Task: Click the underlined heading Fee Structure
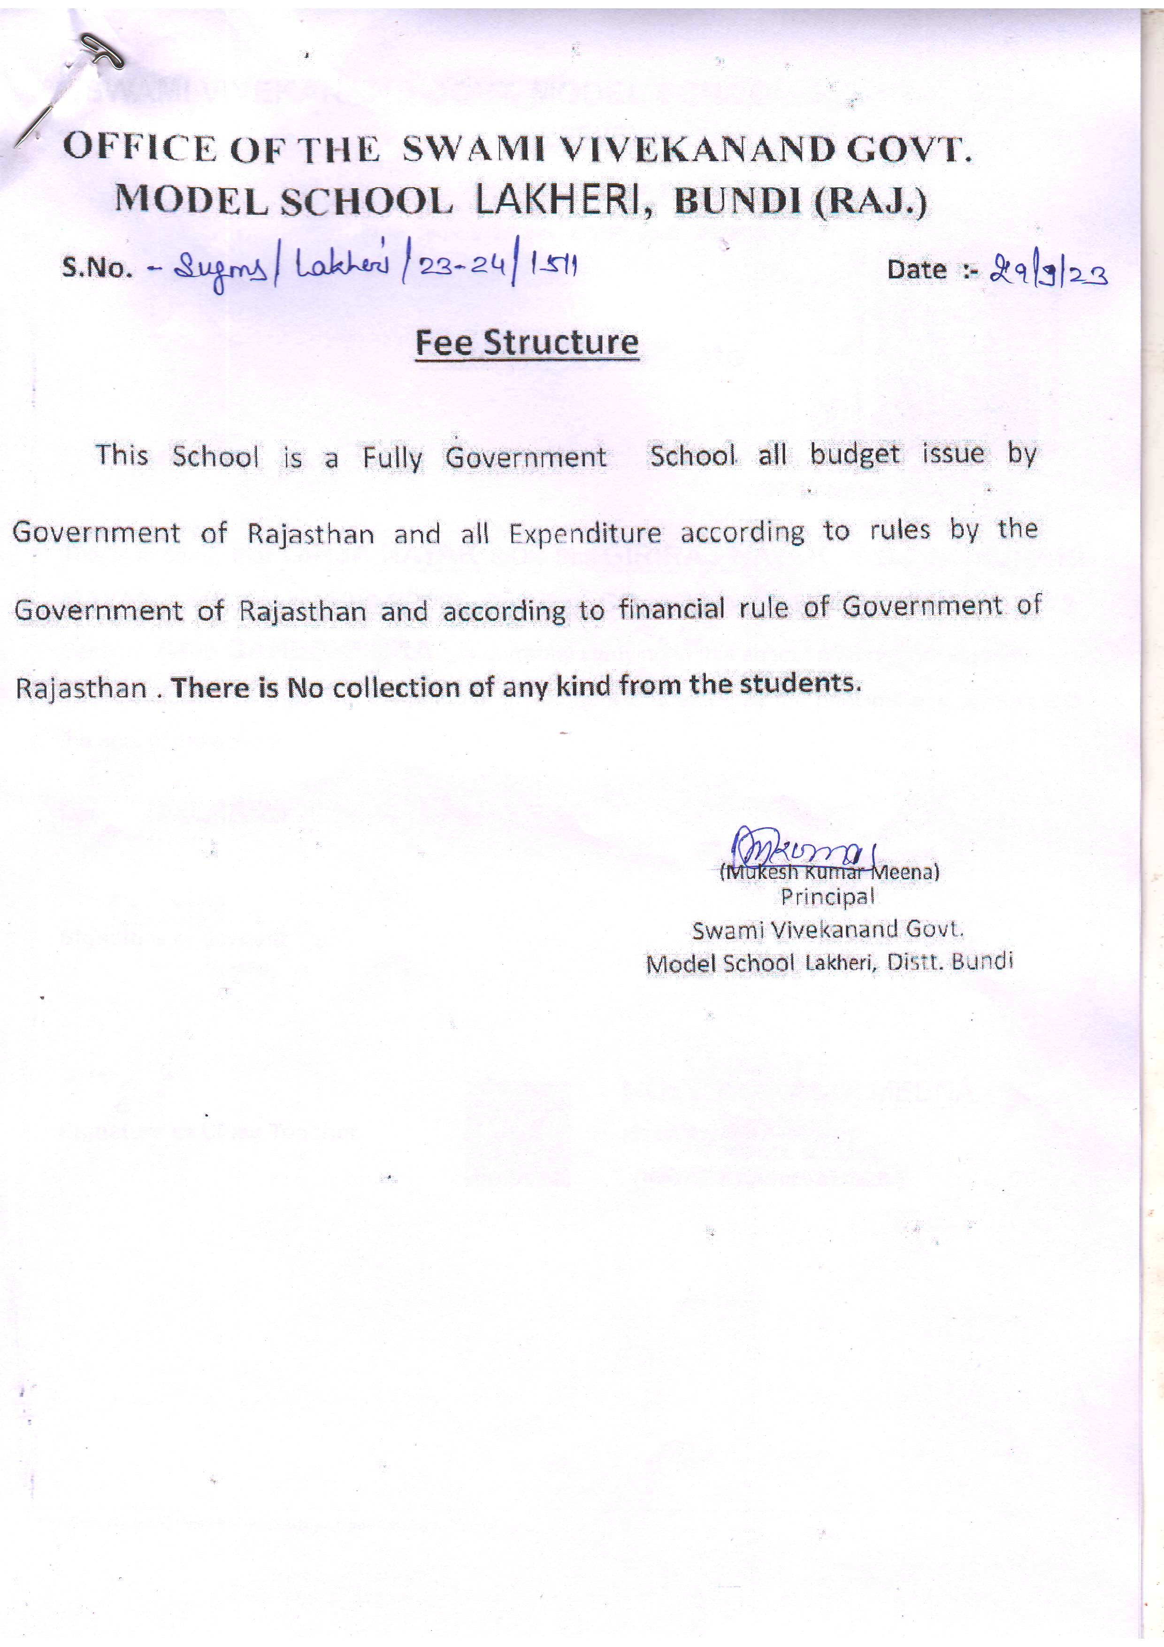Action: pos(527,343)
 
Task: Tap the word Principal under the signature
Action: pos(827,897)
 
